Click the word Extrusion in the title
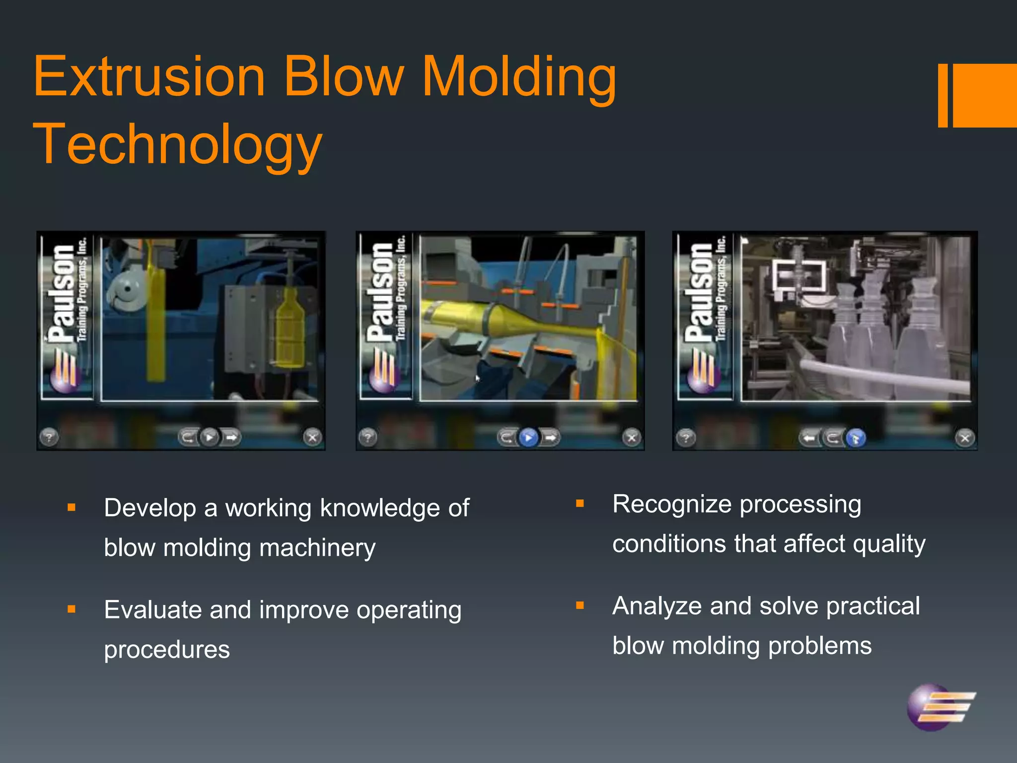tap(149, 77)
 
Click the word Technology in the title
tap(178, 144)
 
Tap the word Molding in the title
tap(519, 77)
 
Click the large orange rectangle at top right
tap(984, 95)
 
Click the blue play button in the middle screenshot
tap(528, 438)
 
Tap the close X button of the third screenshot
tap(965, 438)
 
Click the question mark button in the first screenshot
tap(49, 438)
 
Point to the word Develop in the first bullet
tap(150, 508)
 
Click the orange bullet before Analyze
tap(580, 606)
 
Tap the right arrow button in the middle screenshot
tap(550, 438)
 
